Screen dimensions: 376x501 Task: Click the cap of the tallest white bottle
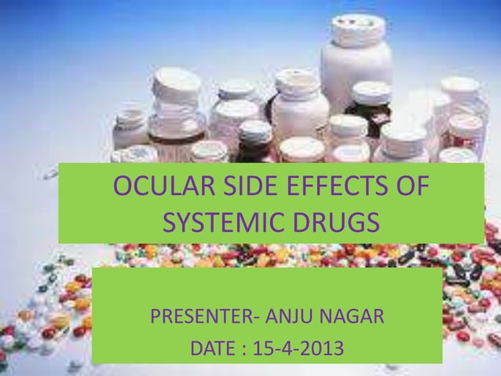coord(358,28)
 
